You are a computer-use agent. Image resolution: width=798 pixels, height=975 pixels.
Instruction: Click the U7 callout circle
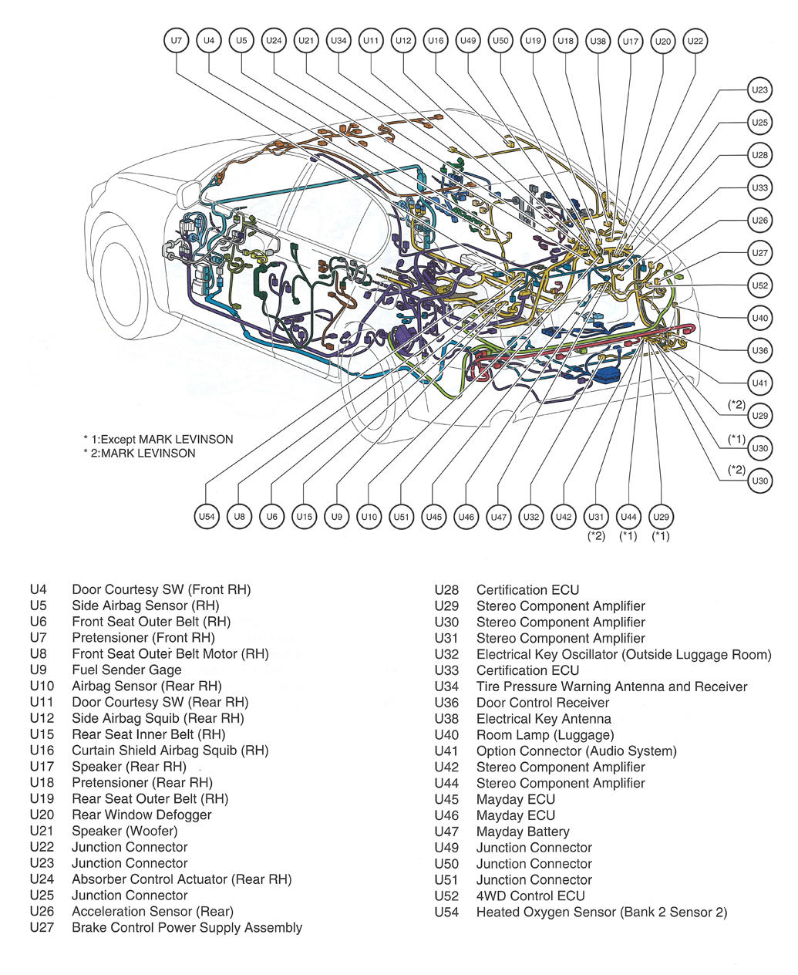pyautogui.click(x=177, y=41)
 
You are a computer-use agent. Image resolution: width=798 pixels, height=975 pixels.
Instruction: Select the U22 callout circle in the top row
pyautogui.click(x=695, y=41)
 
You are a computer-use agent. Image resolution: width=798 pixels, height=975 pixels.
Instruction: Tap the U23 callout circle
pyautogui.click(x=759, y=90)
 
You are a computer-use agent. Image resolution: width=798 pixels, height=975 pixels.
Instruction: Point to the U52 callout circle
pyautogui.click(x=759, y=285)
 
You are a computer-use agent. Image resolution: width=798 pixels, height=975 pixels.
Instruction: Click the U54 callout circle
pyautogui.click(x=207, y=517)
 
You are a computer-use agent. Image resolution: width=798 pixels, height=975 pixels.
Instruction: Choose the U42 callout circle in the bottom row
pyautogui.click(x=564, y=517)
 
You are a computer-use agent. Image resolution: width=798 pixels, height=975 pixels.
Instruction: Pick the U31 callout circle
pyautogui.click(x=596, y=517)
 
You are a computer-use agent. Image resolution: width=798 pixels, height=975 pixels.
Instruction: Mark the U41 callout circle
pyautogui.click(x=759, y=383)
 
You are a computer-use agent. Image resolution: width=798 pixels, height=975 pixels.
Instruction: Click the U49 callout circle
pyautogui.click(x=467, y=41)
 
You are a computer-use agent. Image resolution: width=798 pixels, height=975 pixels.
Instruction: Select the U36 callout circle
pyautogui.click(x=759, y=350)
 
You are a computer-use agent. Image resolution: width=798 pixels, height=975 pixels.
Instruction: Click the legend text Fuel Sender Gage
pyautogui.click(x=126, y=670)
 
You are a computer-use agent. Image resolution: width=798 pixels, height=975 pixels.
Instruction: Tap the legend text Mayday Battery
pyautogui.click(x=523, y=832)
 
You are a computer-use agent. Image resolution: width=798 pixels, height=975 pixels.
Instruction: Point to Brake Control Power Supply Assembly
pyautogui.click(x=187, y=928)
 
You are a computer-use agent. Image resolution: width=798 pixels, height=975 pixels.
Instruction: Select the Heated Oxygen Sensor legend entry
pyautogui.click(x=601, y=913)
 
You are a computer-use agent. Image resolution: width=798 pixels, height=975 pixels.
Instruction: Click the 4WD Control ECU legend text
pyautogui.click(x=530, y=896)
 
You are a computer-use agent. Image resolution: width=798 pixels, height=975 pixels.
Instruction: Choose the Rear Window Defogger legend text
pyautogui.click(x=141, y=815)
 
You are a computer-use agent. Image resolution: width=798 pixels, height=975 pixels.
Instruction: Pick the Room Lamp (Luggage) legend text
pyautogui.click(x=545, y=735)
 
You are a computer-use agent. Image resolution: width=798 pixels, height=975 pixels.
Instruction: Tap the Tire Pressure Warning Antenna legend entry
pyautogui.click(x=611, y=687)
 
